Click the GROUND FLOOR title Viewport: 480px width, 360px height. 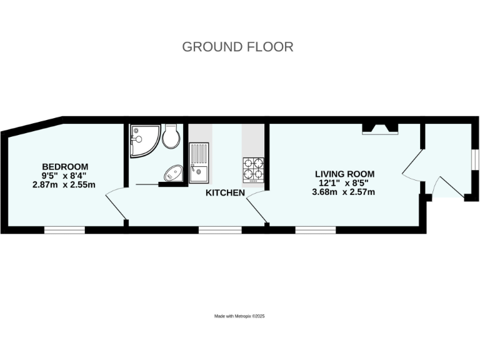pyautogui.click(x=237, y=47)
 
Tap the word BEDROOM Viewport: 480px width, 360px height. pyautogui.click(x=65, y=166)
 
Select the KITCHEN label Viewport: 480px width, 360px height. pyautogui.click(x=225, y=193)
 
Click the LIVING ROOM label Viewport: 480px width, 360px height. pyautogui.click(x=344, y=174)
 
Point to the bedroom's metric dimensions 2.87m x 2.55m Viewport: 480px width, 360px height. pyautogui.click(x=65, y=184)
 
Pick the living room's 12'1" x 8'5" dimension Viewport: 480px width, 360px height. pyautogui.click(x=344, y=183)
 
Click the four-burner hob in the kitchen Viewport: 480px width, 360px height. pyautogui.click(x=253, y=169)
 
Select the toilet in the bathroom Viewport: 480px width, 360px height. pyautogui.click(x=171, y=136)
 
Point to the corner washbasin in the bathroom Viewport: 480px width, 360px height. pyautogui.click(x=172, y=173)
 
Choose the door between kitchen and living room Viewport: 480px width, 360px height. pyautogui.click(x=257, y=207)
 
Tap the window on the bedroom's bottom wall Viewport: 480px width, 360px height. pyautogui.click(x=64, y=230)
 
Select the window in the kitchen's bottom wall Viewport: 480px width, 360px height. pyautogui.click(x=220, y=230)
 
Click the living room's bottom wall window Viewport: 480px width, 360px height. pyautogui.click(x=316, y=230)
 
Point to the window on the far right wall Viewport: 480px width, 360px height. pyautogui.click(x=475, y=160)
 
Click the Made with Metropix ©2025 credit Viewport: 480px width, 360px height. pyautogui.click(x=240, y=317)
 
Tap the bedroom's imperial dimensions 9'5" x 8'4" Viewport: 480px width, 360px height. pyautogui.click(x=65, y=176)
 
